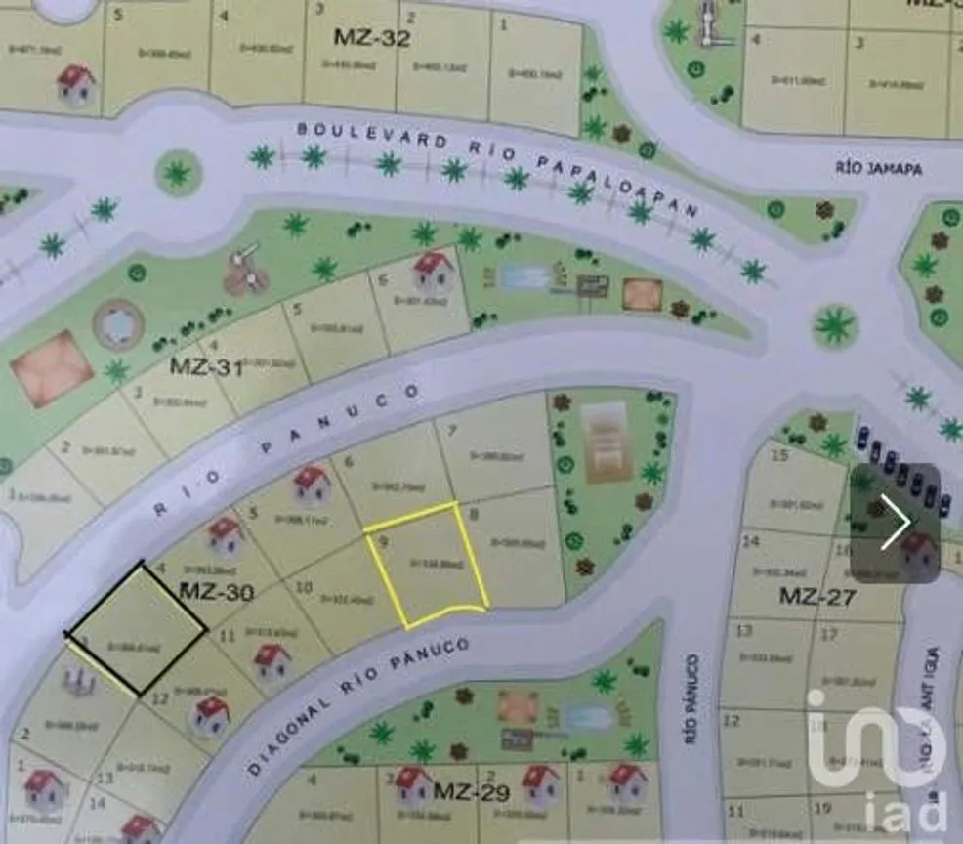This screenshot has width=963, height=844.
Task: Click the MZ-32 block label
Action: [371, 38]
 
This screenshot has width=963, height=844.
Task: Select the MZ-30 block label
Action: [216, 592]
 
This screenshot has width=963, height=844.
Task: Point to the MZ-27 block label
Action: [816, 596]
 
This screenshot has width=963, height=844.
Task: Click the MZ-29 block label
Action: [472, 791]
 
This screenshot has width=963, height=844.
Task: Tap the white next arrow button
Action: [895, 523]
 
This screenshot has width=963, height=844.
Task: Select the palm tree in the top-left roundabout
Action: [177, 174]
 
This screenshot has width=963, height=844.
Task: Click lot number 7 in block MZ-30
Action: [452, 431]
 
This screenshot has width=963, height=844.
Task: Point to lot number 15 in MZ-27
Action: [778, 456]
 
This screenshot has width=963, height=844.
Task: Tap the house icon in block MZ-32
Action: [75, 85]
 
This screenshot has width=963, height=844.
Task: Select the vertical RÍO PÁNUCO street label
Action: [693, 698]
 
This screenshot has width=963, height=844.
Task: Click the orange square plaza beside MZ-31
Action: [51, 368]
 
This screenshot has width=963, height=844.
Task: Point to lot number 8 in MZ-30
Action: [475, 514]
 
